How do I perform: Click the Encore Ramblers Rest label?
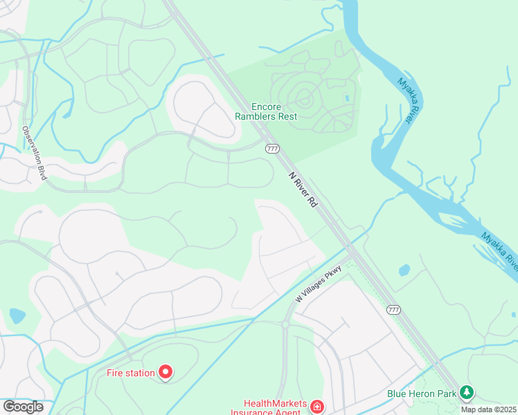pyautogui.click(x=274, y=111)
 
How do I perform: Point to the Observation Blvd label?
pyautogui.click(x=33, y=153)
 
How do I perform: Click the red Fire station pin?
pyautogui.click(x=166, y=373)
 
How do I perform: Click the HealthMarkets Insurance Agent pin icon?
pyautogui.click(x=316, y=406)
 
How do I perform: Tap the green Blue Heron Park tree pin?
pyautogui.click(x=467, y=394)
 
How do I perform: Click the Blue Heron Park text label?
pyautogui.click(x=422, y=394)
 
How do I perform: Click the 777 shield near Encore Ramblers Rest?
pyautogui.click(x=272, y=148)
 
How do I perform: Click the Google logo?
pyautogui.click(x=23, y=406)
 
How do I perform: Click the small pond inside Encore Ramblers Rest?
pyautogui.click(x=346, y=98)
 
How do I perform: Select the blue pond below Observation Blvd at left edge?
pyautogui.click(x=16, y=317)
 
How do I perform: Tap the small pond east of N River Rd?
pyautogui.click(x=404, y=269)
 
